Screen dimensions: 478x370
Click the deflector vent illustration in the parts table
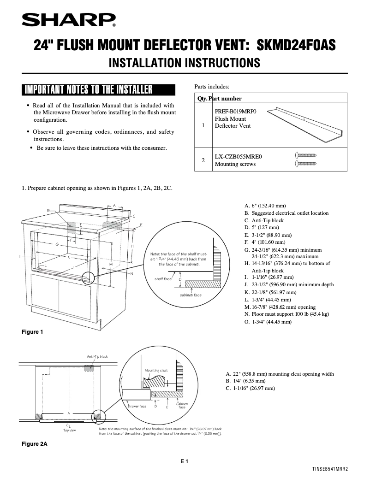305,121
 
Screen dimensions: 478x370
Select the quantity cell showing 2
203,160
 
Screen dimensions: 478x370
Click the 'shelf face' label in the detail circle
162,279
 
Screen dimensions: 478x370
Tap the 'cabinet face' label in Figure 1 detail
190,295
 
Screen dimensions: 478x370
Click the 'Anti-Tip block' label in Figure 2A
97,357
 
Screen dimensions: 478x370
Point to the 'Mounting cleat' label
156,370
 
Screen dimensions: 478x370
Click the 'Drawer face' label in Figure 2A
137,406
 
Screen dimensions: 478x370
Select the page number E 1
185,461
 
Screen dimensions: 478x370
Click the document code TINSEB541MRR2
329,469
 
